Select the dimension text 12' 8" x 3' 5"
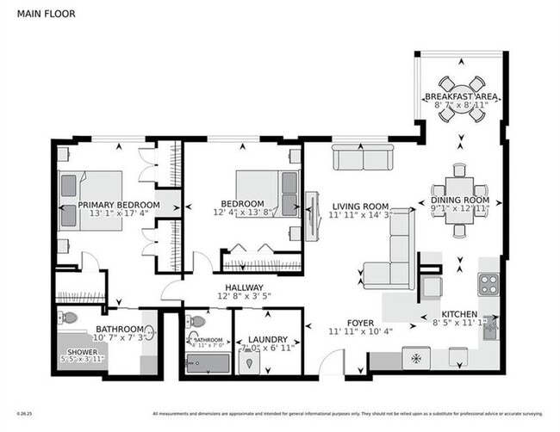244,297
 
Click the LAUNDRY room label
267,340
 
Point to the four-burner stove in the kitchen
489,283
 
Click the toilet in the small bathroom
196,322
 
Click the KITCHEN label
459,315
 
